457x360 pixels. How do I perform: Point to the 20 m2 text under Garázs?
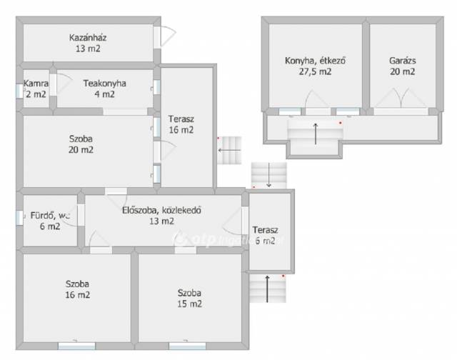402,71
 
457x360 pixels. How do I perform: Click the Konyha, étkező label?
315,61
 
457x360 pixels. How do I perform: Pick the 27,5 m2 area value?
315,71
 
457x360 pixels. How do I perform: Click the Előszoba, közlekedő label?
161,210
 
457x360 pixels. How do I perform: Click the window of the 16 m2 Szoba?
76,346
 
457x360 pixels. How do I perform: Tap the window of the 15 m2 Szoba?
187,346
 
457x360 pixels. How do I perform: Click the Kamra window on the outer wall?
19,91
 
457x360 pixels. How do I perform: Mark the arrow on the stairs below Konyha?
316,134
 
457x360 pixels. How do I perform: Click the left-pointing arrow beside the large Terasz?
229,151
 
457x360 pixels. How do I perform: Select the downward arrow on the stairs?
268,175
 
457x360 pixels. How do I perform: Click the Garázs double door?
401,99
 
